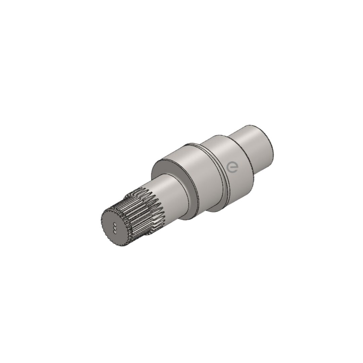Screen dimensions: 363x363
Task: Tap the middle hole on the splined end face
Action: (115, 228)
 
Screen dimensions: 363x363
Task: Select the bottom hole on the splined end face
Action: (114, 231)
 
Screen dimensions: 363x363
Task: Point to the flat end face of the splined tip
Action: (115, 228)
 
